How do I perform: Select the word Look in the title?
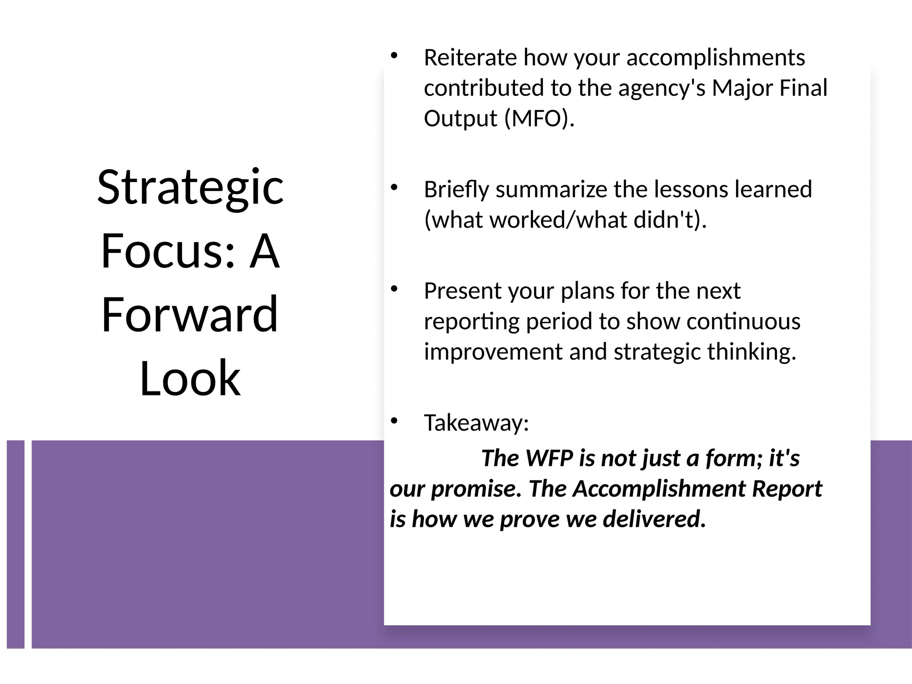pos(190,379)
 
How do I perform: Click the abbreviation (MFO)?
pos(539,119)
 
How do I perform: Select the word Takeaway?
pos(476,423)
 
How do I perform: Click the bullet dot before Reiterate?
pos(393,56)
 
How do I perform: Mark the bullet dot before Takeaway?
pos(393,421)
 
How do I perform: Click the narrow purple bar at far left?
pos(16,544)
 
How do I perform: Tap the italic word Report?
pos(787,489)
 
